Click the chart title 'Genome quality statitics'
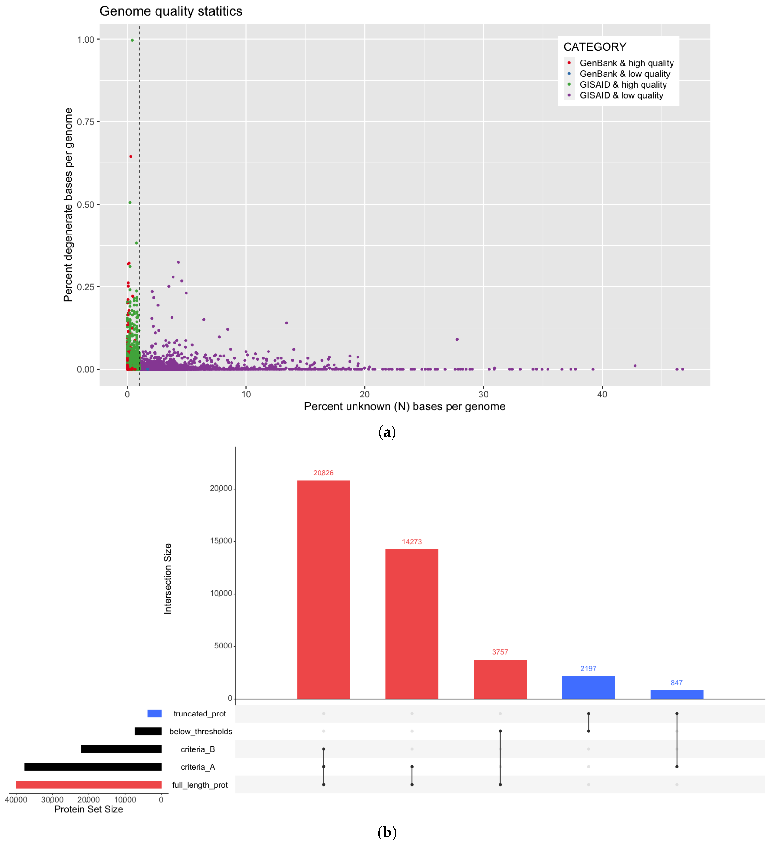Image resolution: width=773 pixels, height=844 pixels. coord(171,11)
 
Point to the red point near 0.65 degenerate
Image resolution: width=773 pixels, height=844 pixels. coord(131,157)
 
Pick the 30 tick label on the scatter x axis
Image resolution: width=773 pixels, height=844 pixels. coord(483,394)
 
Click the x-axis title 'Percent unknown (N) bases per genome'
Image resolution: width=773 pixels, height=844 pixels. coord(405,406)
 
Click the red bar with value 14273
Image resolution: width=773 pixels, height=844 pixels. coord(412,624)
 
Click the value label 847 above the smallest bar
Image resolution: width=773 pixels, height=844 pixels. coord(677,683)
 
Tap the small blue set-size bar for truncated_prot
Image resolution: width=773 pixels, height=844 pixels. coord(155,713)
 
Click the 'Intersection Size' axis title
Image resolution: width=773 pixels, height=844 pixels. coord(168,579)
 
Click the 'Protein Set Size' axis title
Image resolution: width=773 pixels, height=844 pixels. coord(89,809)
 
